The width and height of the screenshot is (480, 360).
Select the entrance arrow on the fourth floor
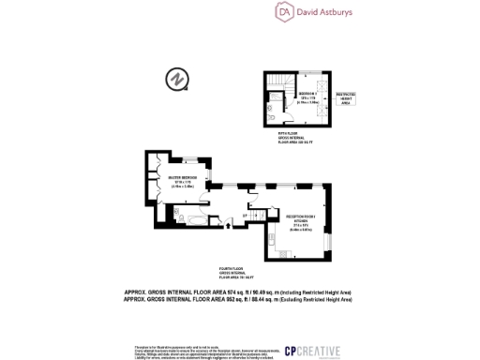tap(247, 217)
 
